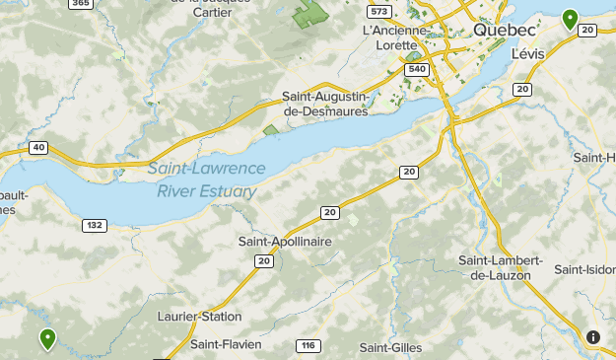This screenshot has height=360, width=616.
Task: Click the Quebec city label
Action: [505, 31]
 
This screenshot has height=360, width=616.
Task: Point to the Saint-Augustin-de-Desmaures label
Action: [324, 104]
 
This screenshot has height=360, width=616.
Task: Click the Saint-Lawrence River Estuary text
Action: [207, 180]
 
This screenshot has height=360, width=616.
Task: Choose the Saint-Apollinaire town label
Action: [285, 241]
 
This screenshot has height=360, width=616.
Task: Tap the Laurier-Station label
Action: [199, 317]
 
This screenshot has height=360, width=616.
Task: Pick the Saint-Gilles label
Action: [390, 347]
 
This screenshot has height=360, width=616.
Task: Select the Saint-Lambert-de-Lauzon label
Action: [501, 266]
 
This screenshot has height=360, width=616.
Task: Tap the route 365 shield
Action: [82, 4]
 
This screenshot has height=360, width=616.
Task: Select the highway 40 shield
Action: [38, 148]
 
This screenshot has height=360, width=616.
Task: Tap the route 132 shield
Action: [94, 225]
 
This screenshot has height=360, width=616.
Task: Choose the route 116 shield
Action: [308, 345]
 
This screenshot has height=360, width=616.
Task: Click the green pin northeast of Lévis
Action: [569, 18]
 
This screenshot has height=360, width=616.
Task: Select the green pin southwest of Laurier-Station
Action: [47, 339]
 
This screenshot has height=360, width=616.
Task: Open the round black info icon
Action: [593, 337]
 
